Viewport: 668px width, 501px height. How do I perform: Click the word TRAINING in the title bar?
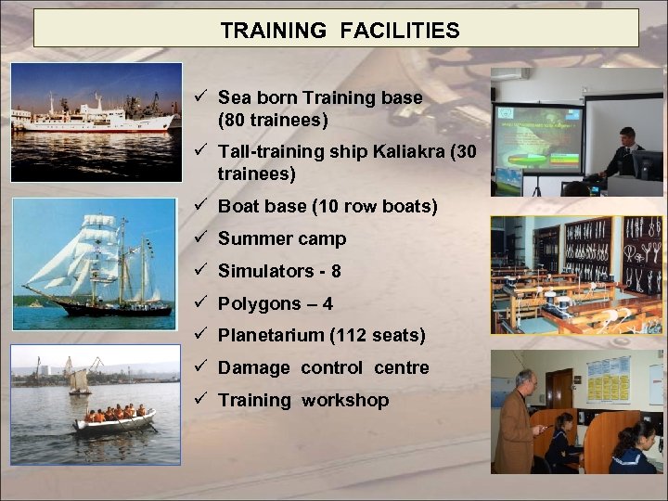[273, 31]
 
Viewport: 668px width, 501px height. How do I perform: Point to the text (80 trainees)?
[273, 120]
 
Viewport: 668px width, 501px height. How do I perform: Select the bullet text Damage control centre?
[323, 367]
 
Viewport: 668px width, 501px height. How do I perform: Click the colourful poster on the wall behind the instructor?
[608, 379]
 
